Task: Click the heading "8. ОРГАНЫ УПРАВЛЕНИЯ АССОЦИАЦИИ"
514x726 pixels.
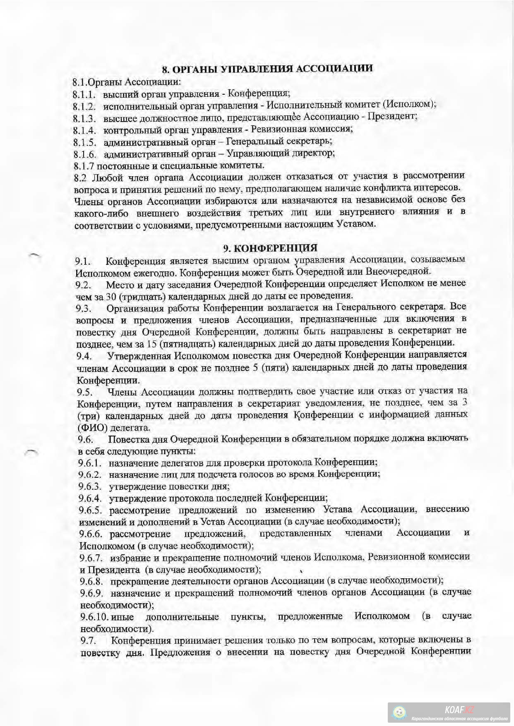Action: [x=267, y=68]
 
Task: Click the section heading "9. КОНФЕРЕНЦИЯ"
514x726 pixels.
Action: [x=270, y=248]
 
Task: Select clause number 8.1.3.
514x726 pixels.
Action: [x=85, y=118]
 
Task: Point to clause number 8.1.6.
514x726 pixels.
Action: [x=85, y=154]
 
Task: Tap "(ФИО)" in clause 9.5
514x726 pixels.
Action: [x=89, y=427]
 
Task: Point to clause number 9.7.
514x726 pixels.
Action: [x=88, y=641]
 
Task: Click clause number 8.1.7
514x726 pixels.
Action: [x=84, y=166]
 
